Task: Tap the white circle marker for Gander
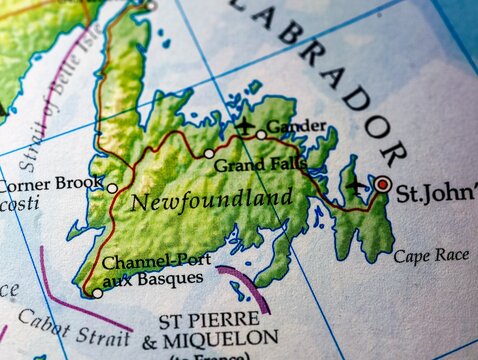(x=261, y=134)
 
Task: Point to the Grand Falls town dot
(x=209, y=154)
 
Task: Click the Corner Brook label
(x=51, y=185)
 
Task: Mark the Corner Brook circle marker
(x=112, y=188)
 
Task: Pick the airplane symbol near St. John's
(x=357, y=187)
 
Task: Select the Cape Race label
(x=430, y=256)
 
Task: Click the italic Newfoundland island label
(x=212, y=199)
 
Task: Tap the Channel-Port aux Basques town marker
(x=97, y=293)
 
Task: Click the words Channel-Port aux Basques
(x=152, y=269)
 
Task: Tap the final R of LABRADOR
(x=393, y=153)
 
